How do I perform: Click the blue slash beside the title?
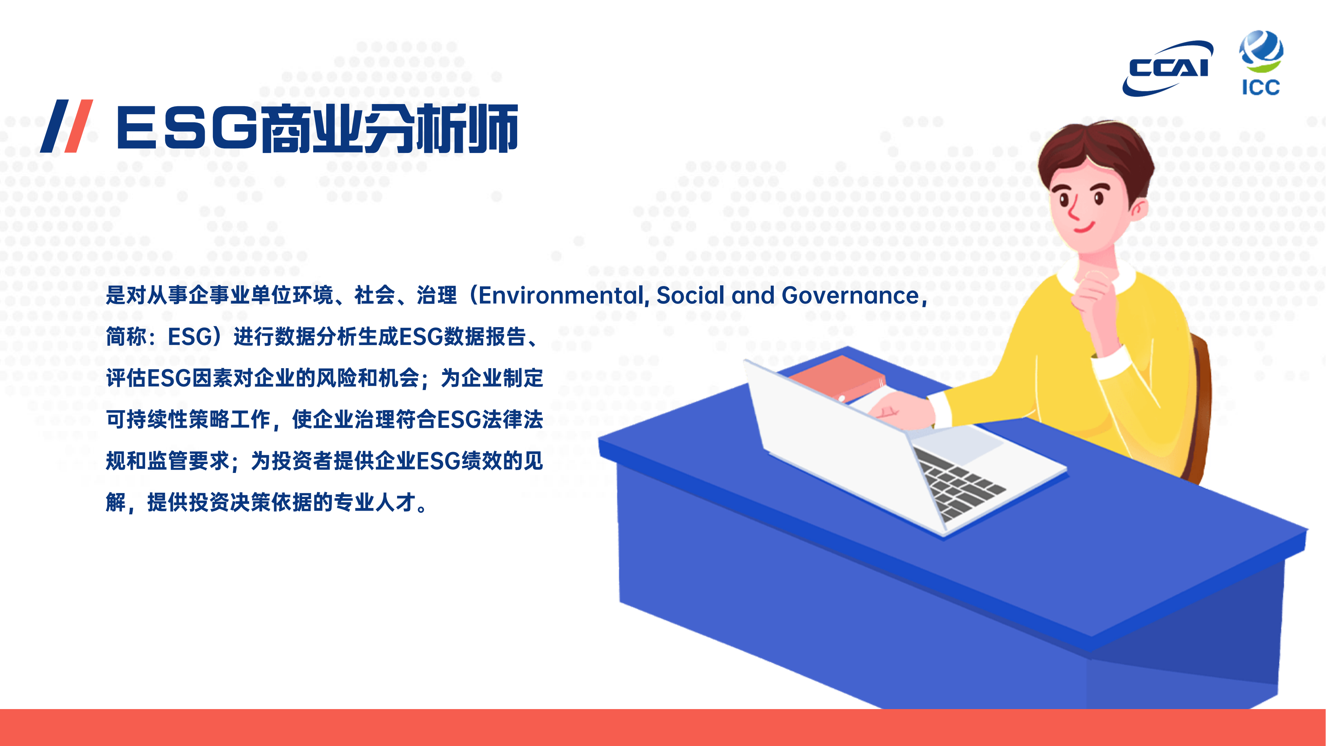[x=54, y=126]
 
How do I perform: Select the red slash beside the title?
[x=78, y=126]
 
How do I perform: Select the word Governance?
[x=850, y=295]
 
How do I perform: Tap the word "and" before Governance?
[x=752, y=295]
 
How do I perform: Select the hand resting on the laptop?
[x=902, y=409]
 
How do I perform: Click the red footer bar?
[x=663, y=727]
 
